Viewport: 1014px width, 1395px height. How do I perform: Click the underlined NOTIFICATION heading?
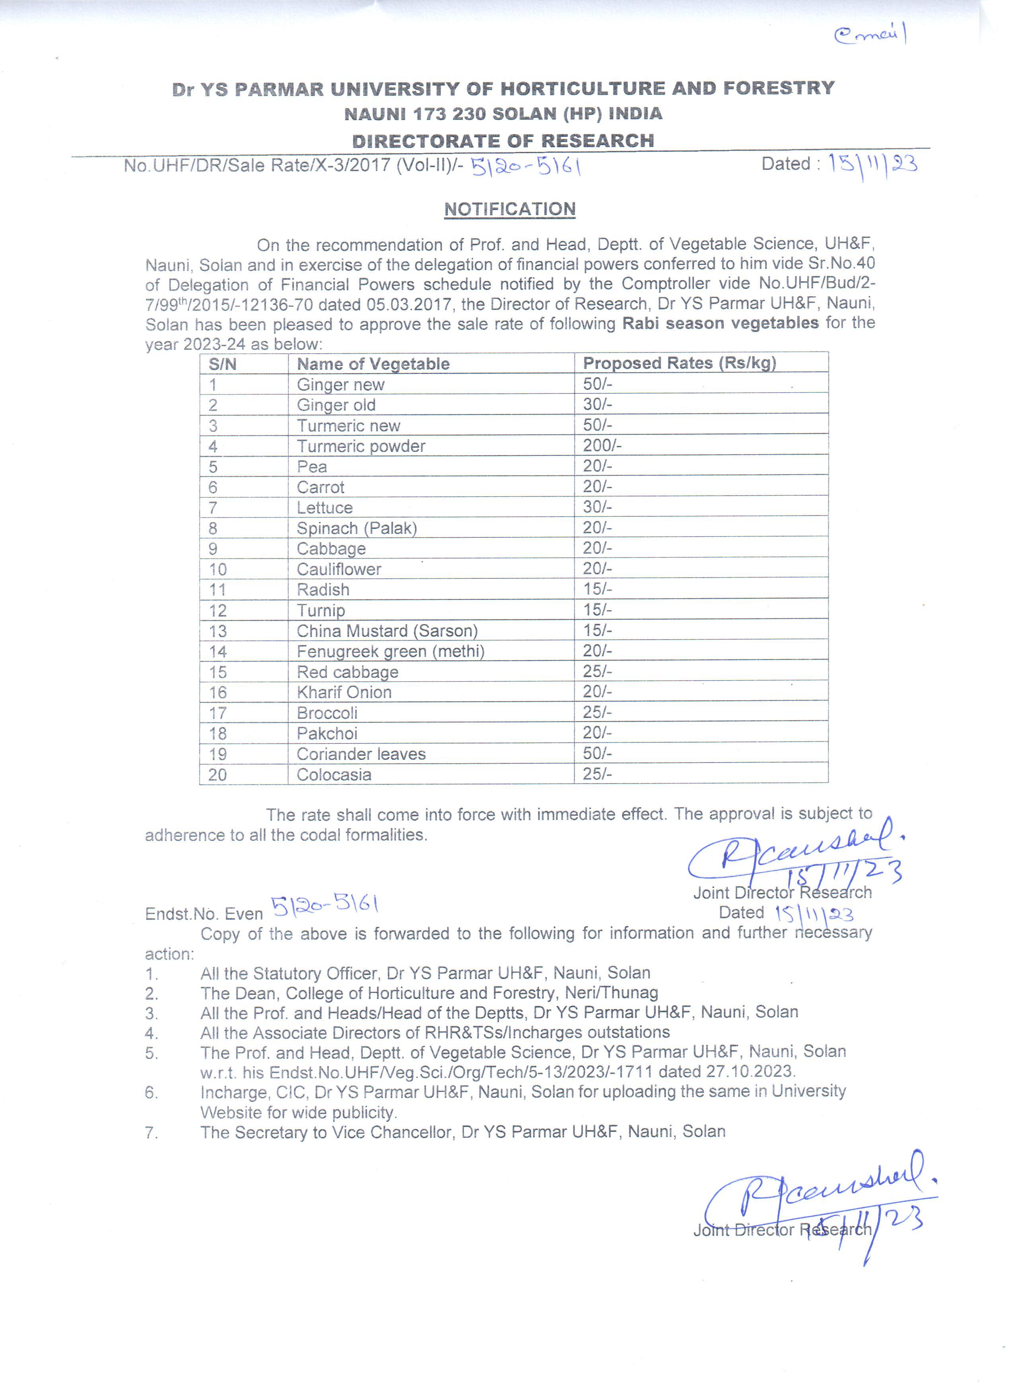click(510, 209)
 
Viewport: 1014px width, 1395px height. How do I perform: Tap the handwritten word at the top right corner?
click(870, 35)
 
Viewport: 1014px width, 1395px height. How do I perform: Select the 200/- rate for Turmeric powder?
click(602, 446)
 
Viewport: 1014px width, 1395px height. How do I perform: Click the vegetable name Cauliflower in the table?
click(339, 569)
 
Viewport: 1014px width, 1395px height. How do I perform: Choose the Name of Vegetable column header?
click(373, 364)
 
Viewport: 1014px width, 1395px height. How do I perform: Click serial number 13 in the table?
click(218, 631)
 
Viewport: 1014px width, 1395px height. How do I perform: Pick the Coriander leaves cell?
click(361, 754)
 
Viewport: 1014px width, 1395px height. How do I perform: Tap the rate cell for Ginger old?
click(597, 405)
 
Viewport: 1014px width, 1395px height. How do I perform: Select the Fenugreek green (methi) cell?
click(390, 652)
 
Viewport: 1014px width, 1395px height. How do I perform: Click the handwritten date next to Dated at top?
click(872, 165)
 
